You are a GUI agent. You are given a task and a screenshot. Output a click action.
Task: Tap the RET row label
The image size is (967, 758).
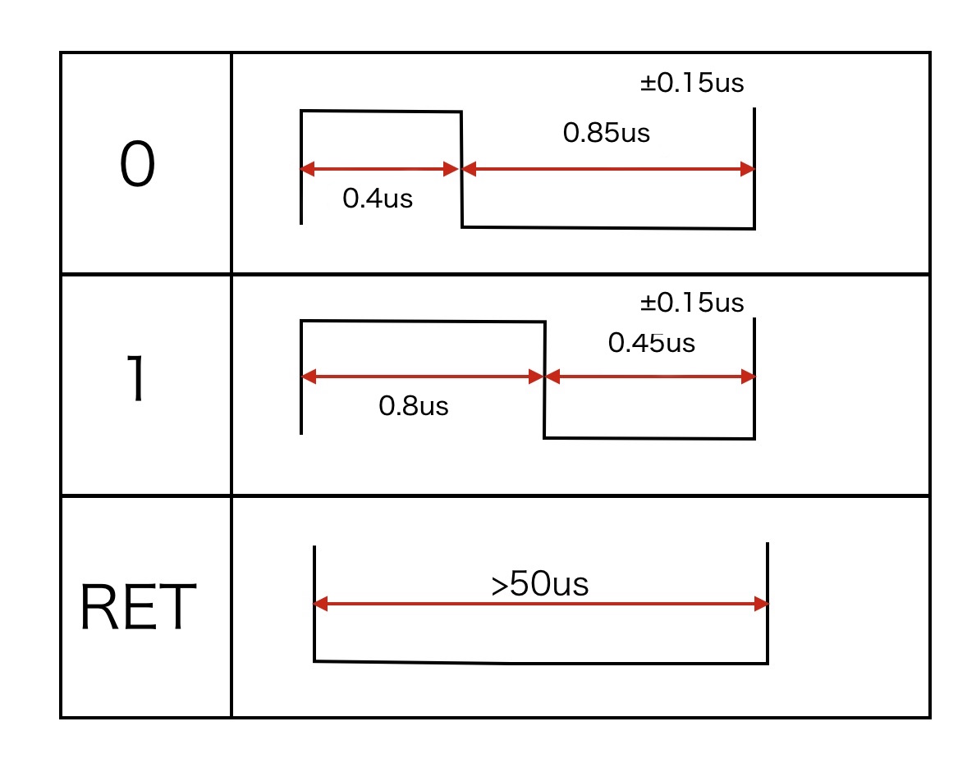coord(138,607)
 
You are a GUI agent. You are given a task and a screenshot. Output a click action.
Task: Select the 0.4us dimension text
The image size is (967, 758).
coord(378,199)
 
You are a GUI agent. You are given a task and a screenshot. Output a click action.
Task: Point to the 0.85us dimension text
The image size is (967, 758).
coord(606,133)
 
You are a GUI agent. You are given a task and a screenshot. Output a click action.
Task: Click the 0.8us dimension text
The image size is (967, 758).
coord(414,406)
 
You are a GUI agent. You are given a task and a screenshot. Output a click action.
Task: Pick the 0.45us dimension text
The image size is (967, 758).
coord(651,343)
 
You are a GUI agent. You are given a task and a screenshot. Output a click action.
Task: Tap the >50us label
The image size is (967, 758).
coord(540,585)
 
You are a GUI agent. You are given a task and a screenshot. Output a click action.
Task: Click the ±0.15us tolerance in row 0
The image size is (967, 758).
coord(692,83)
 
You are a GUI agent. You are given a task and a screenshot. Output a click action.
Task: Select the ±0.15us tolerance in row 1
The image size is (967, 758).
coord(692,303)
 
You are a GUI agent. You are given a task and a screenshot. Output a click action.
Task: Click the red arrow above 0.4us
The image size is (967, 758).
coord(380,170)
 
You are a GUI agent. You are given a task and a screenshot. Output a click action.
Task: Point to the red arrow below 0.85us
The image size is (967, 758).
coord(607,170)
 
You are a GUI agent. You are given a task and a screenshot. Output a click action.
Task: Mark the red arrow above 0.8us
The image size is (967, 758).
coord(423,377)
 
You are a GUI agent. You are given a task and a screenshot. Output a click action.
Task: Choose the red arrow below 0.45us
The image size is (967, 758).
coord(649,377)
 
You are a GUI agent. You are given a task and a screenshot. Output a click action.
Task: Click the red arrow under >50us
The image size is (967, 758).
coord(541,605)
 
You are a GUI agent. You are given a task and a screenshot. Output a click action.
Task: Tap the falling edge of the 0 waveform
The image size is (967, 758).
coord(461,168)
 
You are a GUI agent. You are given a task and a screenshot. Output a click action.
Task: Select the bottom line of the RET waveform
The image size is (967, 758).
coord(541,662)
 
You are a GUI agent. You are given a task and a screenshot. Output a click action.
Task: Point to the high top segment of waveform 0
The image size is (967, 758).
coord(380,110)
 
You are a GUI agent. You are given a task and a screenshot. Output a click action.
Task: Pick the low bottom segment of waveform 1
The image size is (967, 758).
coord(649,438)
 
